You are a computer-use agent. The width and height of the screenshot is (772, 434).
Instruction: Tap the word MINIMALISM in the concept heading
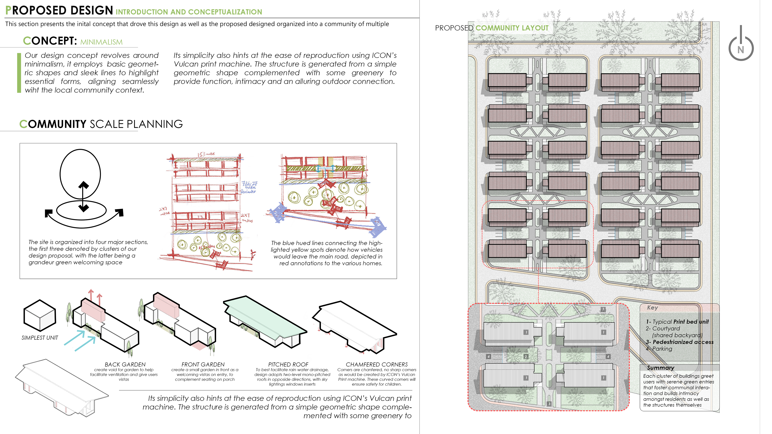[x=101, y=42]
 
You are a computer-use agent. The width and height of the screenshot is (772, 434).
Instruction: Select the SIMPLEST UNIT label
[x=40, y=338]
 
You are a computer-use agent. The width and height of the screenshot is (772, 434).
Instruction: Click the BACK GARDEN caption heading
[x=125, y=364]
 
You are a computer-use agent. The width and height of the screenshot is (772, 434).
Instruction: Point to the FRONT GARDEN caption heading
[x=203, y=364]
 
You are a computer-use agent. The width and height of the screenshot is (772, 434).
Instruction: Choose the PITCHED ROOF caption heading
[x=288, y=364]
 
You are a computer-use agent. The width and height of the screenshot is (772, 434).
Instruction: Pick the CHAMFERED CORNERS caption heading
[x=377, y=364]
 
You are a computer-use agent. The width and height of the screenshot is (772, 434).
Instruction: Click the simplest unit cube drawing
[x=40, y=315]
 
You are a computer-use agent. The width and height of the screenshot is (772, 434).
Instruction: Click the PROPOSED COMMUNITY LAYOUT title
[x=492, y=28]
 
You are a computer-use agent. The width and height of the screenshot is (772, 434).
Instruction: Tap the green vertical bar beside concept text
[x=19, y=73]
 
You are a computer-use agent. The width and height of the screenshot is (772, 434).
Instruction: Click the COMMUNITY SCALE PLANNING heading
[x=101, y=124]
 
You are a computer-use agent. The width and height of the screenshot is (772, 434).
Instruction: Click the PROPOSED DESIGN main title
[x=59, y=10]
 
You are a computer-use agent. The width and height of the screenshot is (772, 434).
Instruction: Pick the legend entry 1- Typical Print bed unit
[x=677, y=322]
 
